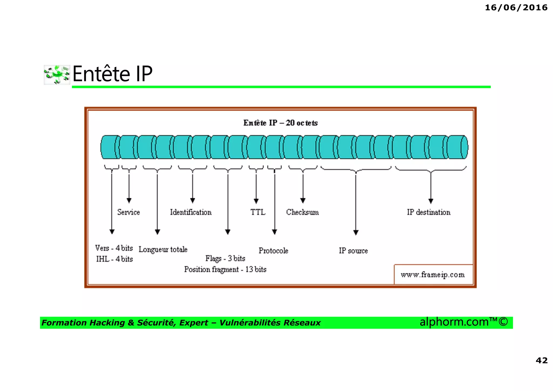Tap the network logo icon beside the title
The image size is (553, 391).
point(57,75)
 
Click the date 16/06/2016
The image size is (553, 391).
point(516,8)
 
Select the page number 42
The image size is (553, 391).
point(541,360)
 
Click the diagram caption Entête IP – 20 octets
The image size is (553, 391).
point(280,123)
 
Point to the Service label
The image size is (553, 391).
point(129,212)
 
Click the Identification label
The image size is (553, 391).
point(191,212)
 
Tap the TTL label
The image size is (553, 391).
point(258,212)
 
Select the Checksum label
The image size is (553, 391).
point(302,212)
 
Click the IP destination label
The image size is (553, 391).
point(429,212)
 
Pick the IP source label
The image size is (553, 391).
point(353,251)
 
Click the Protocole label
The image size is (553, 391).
point(273,251)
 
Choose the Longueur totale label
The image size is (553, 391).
point(163,249)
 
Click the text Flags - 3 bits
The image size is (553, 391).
point(225,259)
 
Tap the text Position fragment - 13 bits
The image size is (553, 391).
point(225,269)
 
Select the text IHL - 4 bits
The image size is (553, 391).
point(114,259)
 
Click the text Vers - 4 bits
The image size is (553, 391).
point(114,248)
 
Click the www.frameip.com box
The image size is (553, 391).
point(433,275)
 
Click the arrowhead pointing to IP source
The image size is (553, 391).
point(356,232)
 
